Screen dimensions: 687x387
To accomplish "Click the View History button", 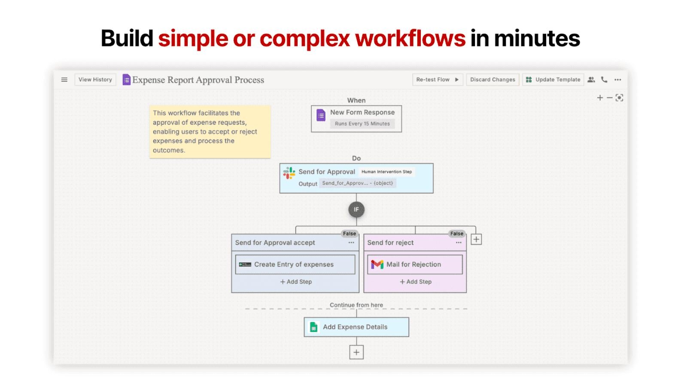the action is (x=95, y=80).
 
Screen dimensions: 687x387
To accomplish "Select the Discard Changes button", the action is (x=492, y=80).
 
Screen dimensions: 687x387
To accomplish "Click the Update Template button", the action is (x=553, y=80).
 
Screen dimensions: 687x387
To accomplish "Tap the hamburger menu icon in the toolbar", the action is (x=64, y=80).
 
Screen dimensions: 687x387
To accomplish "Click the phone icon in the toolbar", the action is (x=604, y=80).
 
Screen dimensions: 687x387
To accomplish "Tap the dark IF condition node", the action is (x=356, y=209).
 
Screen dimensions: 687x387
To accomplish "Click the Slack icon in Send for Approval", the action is (x=289, y=173).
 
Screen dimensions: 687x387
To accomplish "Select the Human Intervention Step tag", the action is (x=386, y=172).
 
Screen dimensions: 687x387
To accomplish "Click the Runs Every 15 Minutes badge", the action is (x=362, y=123).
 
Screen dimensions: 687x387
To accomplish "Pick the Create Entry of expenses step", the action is (x=295, y=264).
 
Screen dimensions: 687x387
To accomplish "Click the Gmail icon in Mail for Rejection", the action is (x=377, y=264).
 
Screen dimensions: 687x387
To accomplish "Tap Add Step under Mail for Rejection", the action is (x=416, y=282).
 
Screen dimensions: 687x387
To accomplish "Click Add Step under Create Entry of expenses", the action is (x=296, y=282).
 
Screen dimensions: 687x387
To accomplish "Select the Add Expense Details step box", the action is (x=356, y=327).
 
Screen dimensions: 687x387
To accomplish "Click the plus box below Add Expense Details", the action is (x=356, y=352).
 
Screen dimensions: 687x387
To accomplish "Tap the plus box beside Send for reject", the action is (x=476, y=239).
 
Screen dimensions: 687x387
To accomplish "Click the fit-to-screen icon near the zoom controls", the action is (x=619, y=98).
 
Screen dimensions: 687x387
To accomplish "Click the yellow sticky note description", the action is (x=210, y=132).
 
